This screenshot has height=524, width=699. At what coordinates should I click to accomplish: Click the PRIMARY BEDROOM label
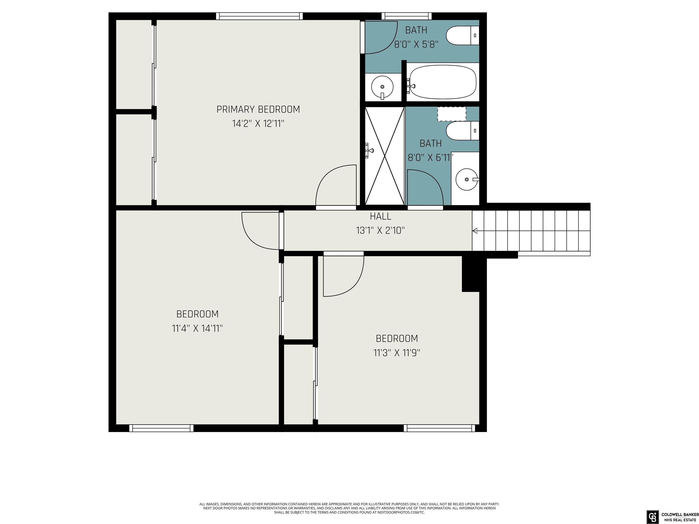(258, 109)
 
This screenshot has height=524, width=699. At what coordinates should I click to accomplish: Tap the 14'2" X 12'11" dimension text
(258, 123)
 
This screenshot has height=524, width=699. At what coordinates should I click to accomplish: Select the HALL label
(380, 216)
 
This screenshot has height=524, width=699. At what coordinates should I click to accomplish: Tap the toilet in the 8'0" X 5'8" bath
(463, 35)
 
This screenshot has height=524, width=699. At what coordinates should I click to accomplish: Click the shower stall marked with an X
(385, 156)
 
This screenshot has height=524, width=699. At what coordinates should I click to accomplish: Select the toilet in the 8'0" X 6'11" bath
(463, 131)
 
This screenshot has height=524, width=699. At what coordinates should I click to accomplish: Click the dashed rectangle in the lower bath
(452, 114)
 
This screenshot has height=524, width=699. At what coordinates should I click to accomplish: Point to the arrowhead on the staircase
(475, 231)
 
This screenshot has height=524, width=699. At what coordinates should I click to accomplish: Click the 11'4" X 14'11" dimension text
(197, 328)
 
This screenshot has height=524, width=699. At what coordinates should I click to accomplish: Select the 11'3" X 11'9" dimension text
(397, 353)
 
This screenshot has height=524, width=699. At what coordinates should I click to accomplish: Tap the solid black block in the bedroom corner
(471, 274)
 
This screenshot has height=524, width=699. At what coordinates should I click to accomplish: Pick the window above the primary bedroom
(259, 16)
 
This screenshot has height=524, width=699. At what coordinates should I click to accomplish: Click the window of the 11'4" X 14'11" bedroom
(161, 428)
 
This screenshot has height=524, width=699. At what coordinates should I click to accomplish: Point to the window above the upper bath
(406, 16)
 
